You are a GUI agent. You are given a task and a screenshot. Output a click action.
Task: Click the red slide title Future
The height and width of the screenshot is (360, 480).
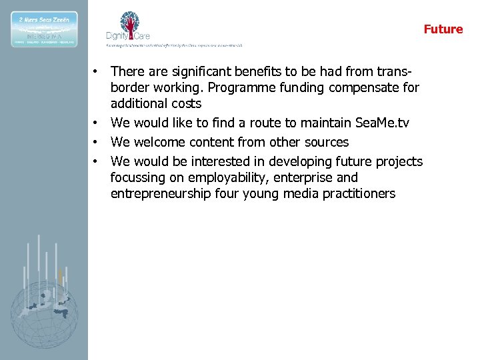pos(443,29)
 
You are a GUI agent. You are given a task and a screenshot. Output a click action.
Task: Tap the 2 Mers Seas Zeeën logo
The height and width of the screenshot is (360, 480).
pos(44,29)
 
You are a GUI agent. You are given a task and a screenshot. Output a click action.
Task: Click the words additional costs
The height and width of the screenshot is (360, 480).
pos(156,104)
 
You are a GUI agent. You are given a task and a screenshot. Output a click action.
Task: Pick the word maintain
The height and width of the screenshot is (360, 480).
pos(313,123)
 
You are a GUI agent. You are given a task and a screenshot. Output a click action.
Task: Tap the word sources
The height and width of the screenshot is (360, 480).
pos(325,142)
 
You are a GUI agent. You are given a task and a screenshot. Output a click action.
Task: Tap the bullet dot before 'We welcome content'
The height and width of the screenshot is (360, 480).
pos(97,142)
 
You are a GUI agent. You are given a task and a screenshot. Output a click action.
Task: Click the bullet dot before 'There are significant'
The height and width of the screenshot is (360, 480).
pos(97,71)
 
